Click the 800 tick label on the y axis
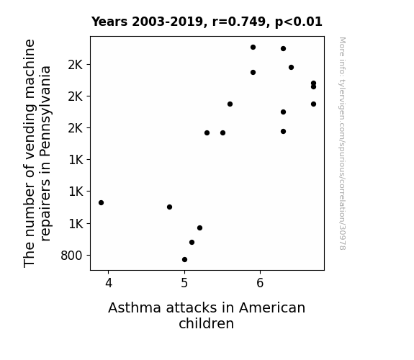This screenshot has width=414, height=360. tap(71, 256)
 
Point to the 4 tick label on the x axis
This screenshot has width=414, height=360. tap(109, 284)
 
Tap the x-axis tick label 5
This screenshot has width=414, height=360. tap(184, 284)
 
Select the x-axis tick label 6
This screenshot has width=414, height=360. tap(260, 284)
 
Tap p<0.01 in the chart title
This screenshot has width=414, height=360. tap(299, 22)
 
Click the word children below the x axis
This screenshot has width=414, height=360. tap(206, 323)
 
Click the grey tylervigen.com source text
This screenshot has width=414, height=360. tap(342, 143)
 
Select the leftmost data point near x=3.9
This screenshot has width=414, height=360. tap(101, 202)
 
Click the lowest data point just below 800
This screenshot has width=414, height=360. tap(184, 260)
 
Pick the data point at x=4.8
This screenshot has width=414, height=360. tap(169, 207)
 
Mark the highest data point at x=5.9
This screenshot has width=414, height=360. tap(253, 48)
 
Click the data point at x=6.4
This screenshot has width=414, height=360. tap(291, 68)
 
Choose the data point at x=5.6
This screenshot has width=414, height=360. tap(230, 104)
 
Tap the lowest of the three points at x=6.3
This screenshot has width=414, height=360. tap(283, 131)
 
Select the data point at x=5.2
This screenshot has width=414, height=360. tap(200, 228)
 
